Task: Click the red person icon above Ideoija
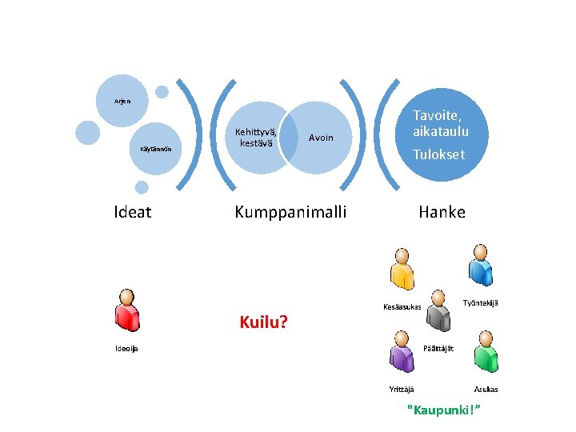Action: (x=125, y=308)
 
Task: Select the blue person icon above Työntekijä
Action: (x=480, y=263)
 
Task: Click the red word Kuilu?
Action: (x=264, y=323)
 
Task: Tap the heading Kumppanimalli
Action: (x=290, y=212)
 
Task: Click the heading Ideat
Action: (x=133, y=212)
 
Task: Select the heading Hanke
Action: (x=442, y=212)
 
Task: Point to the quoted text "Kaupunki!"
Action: (x=446, y=410)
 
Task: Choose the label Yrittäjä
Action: (x=401, y=390)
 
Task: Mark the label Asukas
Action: (x=486, y=390)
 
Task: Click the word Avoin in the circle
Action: (x=321, y=138)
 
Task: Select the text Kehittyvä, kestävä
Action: (x=256, y=138)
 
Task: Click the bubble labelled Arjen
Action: (x=122, y=101)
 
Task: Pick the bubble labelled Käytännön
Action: (x=154, y=149)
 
